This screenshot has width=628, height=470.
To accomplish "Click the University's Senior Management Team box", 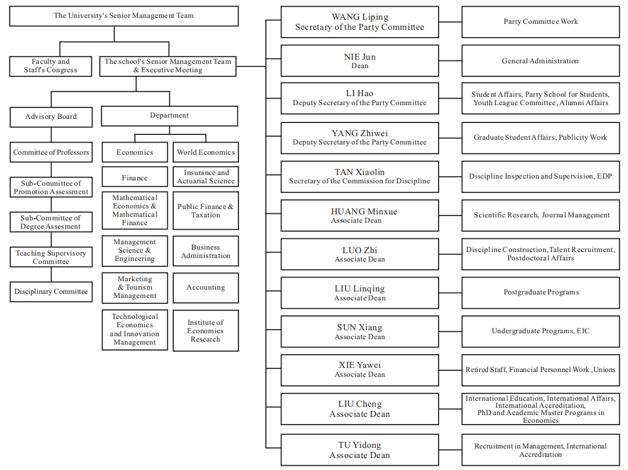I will coord(124,16).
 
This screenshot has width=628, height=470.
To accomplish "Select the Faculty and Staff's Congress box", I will coord(51,66).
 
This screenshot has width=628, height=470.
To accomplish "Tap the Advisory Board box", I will coord(51,116).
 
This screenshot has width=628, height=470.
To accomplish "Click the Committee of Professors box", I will coord(51,152).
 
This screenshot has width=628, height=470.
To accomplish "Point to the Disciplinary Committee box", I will coord(51,292).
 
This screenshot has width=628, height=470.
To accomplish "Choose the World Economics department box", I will coord(206,152).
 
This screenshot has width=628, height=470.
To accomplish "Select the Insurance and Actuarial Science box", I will coord(206,177).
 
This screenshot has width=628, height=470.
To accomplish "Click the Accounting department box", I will coord(206,288).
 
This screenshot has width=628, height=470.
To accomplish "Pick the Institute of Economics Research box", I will coord(206,331).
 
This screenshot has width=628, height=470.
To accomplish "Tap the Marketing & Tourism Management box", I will coord(134,288).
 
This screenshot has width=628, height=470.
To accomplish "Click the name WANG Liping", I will coord(360,17).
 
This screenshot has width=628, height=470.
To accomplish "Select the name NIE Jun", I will coord(360,57).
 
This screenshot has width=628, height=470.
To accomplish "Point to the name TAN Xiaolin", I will coord(360,172).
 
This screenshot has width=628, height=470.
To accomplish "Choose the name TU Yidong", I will coord(360,445).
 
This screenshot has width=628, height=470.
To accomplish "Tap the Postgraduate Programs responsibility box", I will coord(541,293).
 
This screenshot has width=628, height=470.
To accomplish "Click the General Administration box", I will coord(541,61).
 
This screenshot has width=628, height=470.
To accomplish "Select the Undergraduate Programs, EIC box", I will coord(541,331).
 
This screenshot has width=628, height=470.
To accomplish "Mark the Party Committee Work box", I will coord(541,21).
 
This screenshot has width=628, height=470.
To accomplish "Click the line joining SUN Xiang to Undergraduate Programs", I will coord(451,331).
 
